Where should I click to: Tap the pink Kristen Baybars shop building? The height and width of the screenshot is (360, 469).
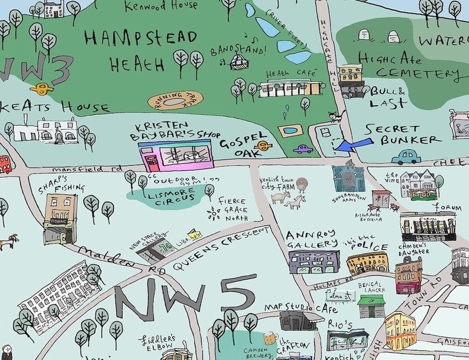click(x=176, y=155)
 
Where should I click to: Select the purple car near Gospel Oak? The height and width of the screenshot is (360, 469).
click(x=303, y=149)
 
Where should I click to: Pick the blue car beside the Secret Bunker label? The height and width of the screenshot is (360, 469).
click(x=406, y=157)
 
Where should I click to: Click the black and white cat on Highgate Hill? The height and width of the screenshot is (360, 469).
click(x=336, y=117)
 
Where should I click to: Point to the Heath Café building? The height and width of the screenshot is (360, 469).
click(x=290, y=88)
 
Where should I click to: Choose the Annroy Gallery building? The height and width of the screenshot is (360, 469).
click(x=314, y=261)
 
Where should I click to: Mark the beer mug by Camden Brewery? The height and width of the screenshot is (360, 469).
click(x=269, y=338)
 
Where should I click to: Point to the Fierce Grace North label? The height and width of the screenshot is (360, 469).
click(x=232, y=209)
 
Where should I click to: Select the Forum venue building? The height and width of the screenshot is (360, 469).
click(x=428, y=226)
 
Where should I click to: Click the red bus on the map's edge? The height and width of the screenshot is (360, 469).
click(x=5, y=165)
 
